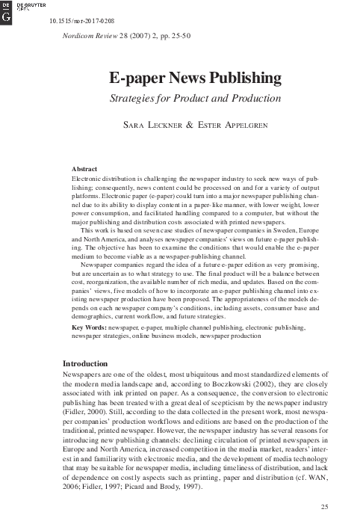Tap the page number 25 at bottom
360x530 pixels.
[x=324, y=508]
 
